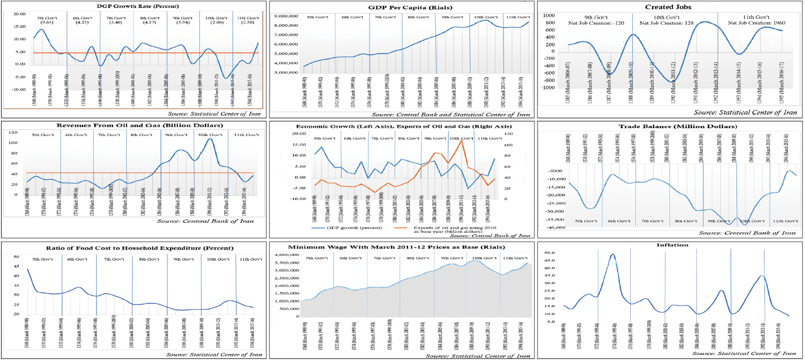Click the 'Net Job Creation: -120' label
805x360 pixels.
coord(591,24)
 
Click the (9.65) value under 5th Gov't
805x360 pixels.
coord(47,24)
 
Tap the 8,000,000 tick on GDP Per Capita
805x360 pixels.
coord(286,25)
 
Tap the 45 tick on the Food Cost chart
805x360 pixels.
coord(16,266)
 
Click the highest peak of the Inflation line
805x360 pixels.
coord(613,254)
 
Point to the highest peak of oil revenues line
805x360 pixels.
coord(210,139)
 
